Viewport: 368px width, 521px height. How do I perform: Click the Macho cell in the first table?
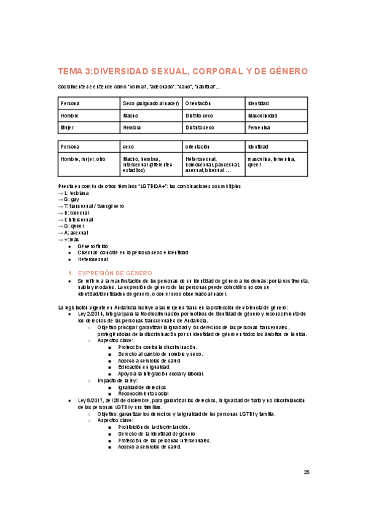(x=130, y=116)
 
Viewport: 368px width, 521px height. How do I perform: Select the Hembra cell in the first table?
(x=131, y=127)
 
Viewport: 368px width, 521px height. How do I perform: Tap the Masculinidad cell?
(x=262, y=116)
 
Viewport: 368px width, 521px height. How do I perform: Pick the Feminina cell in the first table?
(x=259, y=127)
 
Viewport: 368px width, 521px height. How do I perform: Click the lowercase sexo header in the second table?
(x=128, y=147)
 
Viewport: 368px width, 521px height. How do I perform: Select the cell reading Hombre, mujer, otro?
(x=83, y=159)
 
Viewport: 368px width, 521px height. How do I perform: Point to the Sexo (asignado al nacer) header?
(x=149, y=103)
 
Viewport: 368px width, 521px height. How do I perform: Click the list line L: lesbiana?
(x=73, y=192)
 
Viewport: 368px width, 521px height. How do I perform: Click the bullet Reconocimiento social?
(x=146, y=393)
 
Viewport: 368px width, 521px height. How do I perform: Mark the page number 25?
(x=307, y=472)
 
